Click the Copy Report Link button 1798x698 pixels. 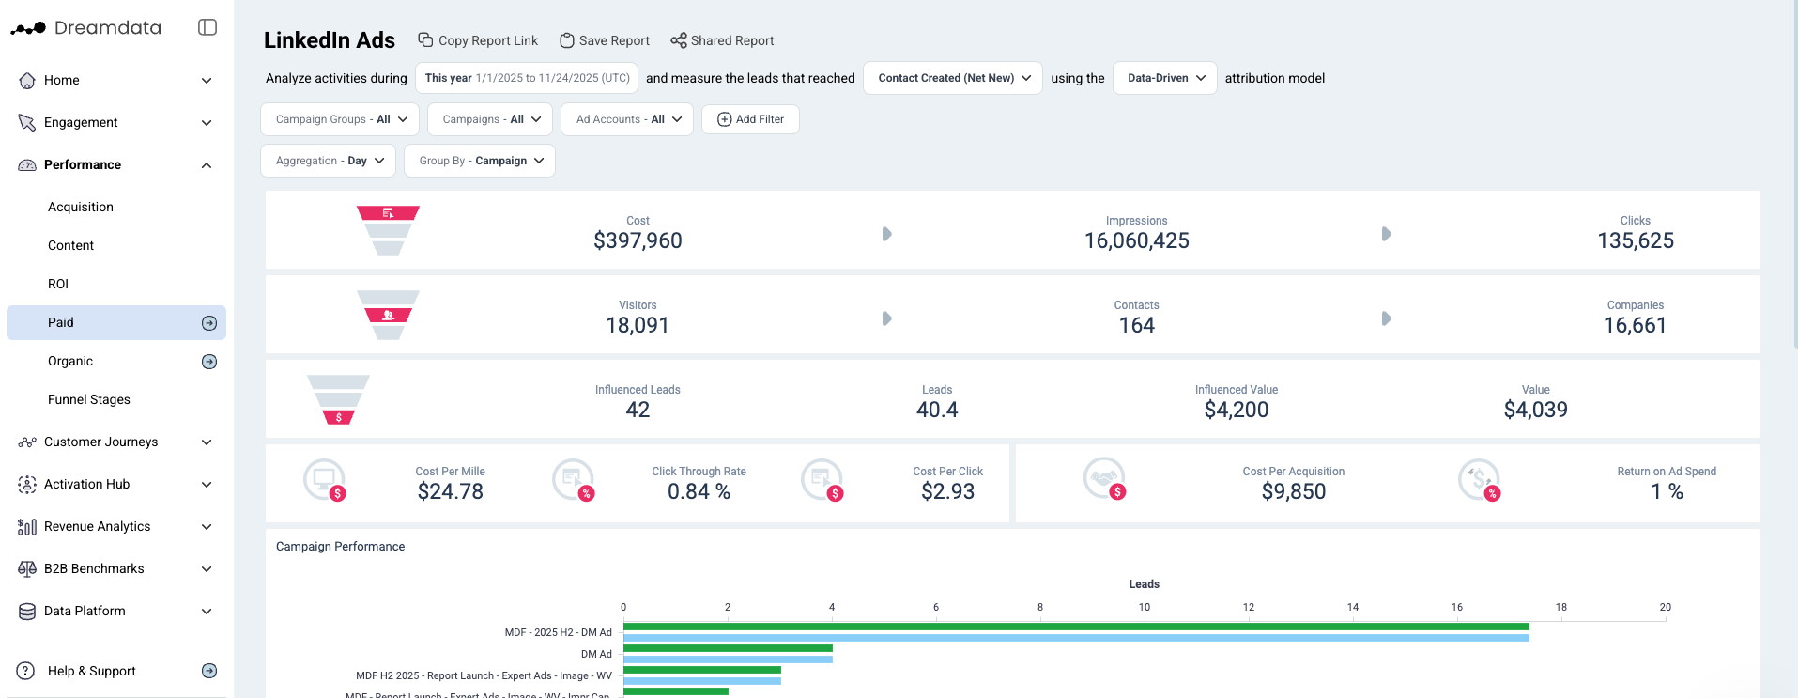point(478,40)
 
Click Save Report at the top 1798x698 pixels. point(605,40)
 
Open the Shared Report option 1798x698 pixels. point(722,40)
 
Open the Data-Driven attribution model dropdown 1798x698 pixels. point(1165,78)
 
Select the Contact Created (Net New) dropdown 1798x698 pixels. point(953,78)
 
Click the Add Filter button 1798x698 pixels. point(750,119)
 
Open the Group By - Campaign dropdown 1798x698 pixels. point(480,161)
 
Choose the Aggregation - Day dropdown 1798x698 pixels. point(328,161)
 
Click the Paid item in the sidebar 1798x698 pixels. point(61,322)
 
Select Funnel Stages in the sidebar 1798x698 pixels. point(89,399)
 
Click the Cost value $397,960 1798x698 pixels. point(638,240)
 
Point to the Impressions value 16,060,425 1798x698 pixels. point(1136,240)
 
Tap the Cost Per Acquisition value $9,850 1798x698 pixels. point(1293,491)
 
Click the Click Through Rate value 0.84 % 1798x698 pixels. point(699,491)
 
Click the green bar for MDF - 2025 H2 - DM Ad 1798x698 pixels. point(1075,627)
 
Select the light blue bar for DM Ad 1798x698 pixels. point(728,659)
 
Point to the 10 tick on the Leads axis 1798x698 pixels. point(1144,607)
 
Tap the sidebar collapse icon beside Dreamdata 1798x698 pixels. point(207,27)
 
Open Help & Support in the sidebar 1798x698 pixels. point(91,671)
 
